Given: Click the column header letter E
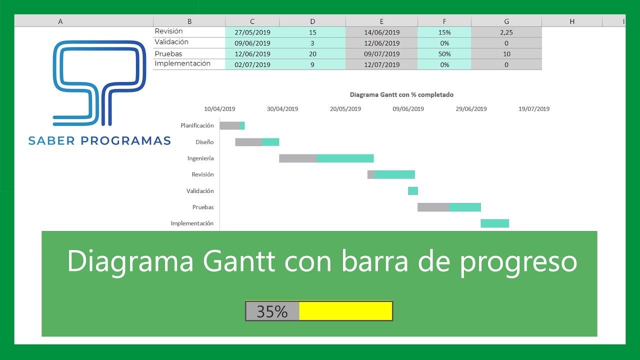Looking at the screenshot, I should pos(381,21).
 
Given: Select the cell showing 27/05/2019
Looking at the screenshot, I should pos(252,32).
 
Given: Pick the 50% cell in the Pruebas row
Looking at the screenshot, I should pos(444,54).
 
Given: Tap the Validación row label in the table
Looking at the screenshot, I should pos(171,42).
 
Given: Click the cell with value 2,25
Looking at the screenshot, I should pos(506,32).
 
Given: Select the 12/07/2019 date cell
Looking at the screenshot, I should pos(381,64).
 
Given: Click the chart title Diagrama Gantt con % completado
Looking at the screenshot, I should pos(401,94).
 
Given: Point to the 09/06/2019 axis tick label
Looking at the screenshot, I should pos(408,109).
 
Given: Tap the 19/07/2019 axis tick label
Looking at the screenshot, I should pos(533,109).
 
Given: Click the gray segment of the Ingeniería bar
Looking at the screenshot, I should pos(297,158).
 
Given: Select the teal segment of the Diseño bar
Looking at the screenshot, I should pos(270,142).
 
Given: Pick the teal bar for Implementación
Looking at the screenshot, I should pos(494,223).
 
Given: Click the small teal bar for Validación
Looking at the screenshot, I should pos(412,191).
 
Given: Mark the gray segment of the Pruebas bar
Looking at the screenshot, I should pos(433,207).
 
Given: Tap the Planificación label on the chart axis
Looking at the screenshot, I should pos(197,126).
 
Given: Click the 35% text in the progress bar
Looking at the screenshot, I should pos(272,311).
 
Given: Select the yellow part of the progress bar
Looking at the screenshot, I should pos(345,311).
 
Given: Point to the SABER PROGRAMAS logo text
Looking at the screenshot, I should pos(99,141).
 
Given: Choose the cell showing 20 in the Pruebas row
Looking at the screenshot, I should pos(312,54).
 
